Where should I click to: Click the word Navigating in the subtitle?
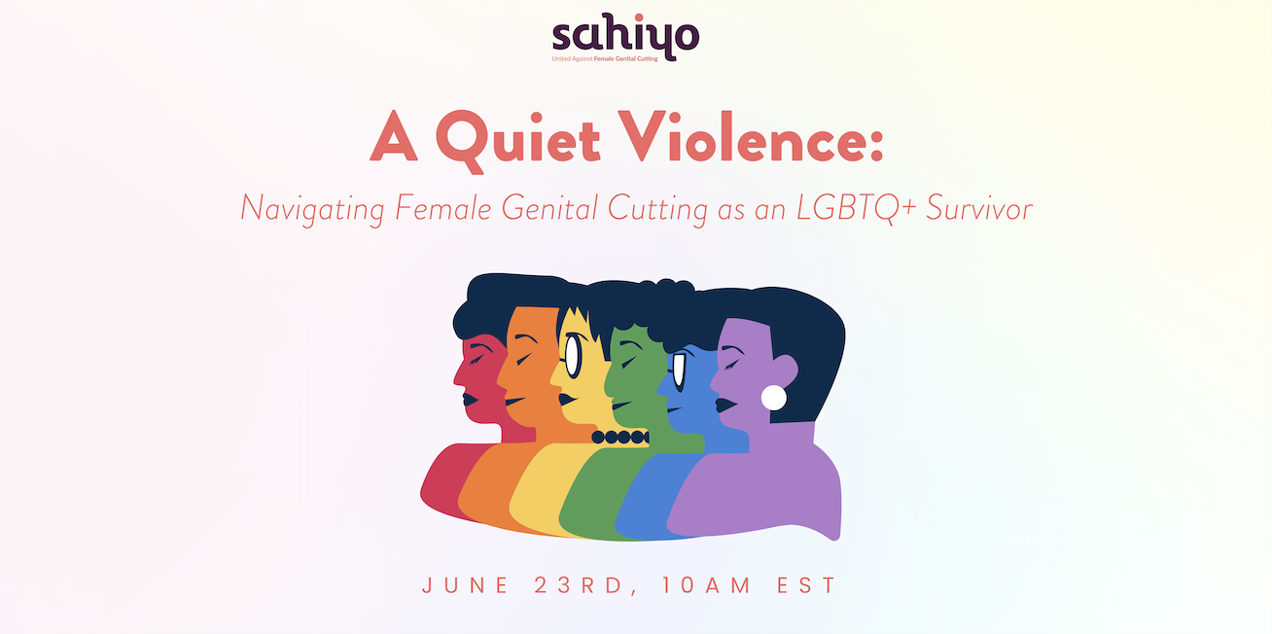coord(313,209)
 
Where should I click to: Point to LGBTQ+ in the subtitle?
coord(857,208)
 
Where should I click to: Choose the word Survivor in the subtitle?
coord(979,208)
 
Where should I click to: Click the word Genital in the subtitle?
coord(549,207)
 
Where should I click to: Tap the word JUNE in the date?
coord(465,585)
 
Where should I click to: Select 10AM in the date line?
coord(706,585)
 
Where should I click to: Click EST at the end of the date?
coord(806,585)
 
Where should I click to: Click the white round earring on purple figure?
coord(773,398)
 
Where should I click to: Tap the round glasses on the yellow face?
coord(573,357)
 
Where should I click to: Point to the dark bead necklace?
coord(620,437)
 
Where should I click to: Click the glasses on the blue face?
coord(679,372)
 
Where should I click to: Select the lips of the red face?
coord(469,399)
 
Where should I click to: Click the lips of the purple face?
coord(724,405)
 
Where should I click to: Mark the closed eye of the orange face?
coord(522,359)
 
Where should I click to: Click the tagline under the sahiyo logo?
coord(605,58)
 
